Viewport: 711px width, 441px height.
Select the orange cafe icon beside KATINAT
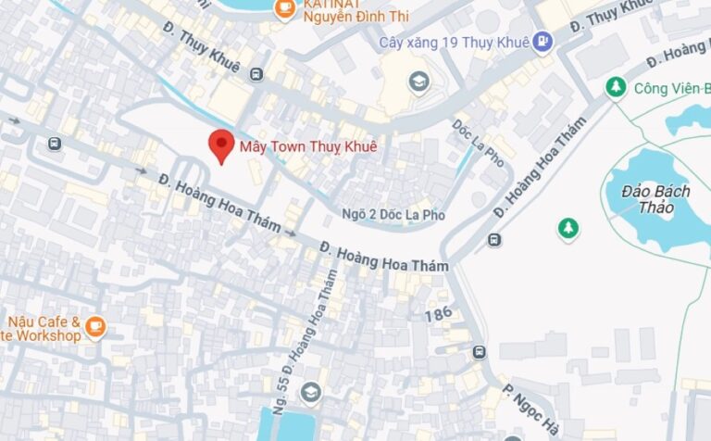pyautogui.click(x=285, y=8)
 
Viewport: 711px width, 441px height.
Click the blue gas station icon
pyautogui.click(x=543, y=42)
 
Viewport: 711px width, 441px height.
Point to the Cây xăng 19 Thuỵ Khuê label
pyautogui.click(x=454, y=42)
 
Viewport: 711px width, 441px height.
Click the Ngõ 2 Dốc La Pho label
pyautogui.click(x=393, y=215)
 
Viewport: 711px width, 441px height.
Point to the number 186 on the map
pyautogui.click(x=439, y=315)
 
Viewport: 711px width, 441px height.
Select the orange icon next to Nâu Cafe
pyautogui.click(x=95, y=326)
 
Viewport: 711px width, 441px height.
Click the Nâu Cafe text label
pyautogui.click(x=41, y=330)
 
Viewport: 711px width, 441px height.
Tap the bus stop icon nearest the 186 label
pyautogui.click(x=479, y=353)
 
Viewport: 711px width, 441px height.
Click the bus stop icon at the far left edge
pyautogui.click(x=56, y=144)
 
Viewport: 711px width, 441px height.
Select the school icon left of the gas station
pyautogui.click(x=419, y=82)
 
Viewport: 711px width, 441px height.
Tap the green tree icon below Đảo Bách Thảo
pyautogui.click(x=568, y=227)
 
